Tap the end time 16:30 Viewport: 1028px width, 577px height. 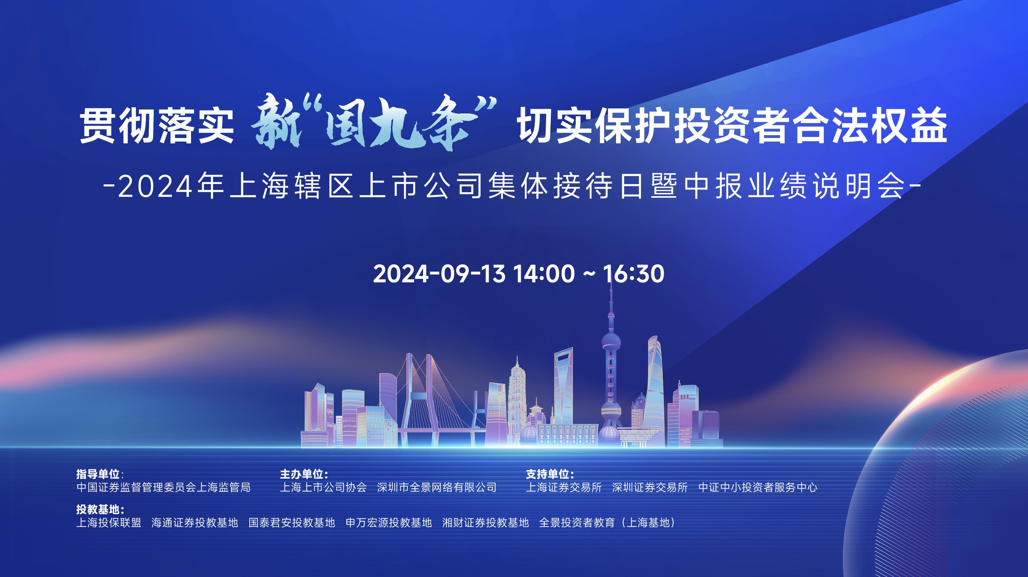point(633,274)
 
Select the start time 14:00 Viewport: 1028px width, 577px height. point(544,274)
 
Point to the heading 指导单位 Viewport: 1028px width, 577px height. point(98,474)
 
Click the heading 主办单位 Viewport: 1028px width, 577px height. point(302,474)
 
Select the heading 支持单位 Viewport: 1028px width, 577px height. point(548,474)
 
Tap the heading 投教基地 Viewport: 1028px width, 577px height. point(98,509)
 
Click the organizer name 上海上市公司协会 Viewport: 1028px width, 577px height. point(323,487)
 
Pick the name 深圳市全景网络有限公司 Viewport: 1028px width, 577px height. point(437,487)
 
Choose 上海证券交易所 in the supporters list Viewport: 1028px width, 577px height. point(564,487)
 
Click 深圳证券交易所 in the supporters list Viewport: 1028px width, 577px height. point(650,487)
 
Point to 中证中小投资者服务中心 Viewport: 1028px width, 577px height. point(757,487)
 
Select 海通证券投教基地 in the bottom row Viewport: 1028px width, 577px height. point(195,522)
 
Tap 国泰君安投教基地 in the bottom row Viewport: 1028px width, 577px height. point(292,522)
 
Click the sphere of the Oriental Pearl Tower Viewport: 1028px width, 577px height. point(611,342)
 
